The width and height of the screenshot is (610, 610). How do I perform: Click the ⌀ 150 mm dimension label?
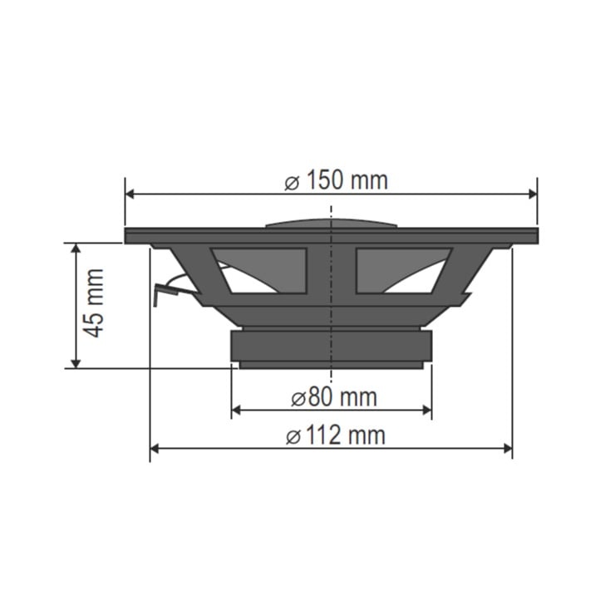pyautogui.click(x=336, y=181)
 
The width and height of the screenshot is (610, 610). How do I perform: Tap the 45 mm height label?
pyautogui.click(x=95, y=303)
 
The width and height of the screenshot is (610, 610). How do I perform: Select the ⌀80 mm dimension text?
pyautogui.click(x=334, y=397)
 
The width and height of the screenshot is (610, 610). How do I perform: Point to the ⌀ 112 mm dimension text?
pyautogui.click(x=336, y=435)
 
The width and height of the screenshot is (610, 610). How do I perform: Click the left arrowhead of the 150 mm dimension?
pyautogui.click(x=130, y=194)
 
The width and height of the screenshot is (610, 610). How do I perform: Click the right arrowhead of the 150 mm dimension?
pyautogui.click(x=533, y=194)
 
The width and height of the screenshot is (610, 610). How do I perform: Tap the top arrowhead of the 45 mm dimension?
pyautogui.click(x=76, y=248)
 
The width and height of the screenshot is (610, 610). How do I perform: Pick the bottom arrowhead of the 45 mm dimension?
pyautogui.click(x=76, y=363)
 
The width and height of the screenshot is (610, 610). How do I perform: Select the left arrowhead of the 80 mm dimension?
pyautogui.click(x=236, y=410)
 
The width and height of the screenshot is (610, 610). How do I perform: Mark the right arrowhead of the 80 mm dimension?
pyautogui.click(x=427, y=410)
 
